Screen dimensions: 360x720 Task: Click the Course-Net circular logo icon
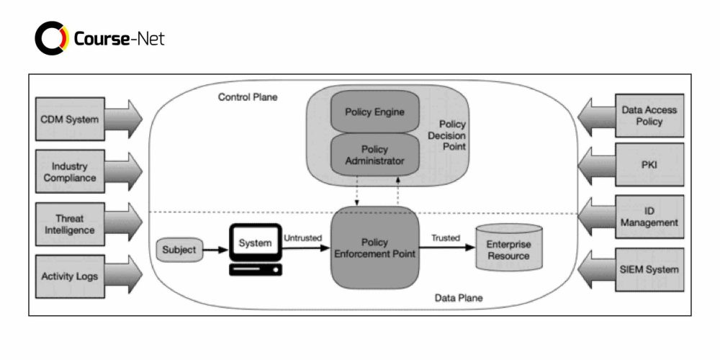51,38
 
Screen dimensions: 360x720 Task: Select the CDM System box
70,119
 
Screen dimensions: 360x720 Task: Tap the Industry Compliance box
70,172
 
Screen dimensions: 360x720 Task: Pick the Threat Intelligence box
70,224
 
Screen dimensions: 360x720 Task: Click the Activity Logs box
70,276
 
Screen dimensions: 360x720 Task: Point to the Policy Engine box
374,112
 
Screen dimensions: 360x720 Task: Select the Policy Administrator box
374,155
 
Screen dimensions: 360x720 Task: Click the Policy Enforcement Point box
374,248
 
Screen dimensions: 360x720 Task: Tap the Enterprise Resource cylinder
508,249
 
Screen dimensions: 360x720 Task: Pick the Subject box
177,251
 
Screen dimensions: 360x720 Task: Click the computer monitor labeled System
256,244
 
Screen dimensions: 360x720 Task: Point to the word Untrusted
302,238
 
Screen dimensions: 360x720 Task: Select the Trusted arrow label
445,238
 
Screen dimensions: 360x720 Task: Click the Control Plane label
248,96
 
